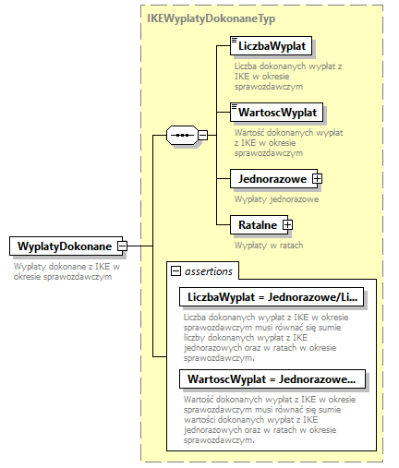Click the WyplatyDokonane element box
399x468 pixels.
(x=61, y=246)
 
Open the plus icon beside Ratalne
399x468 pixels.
(x=287, y=223)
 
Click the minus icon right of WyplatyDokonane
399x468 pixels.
(x=121, y=246)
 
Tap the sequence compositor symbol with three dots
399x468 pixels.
(x=181, y=135)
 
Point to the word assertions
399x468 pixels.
(x=210, y=270)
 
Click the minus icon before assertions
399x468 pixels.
(x=174, y=270)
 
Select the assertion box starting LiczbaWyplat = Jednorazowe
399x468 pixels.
(x=272, y=297)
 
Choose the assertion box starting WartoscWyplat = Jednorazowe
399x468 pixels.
(x=272, y=379)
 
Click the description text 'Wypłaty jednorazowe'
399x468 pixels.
(x=276, y=198)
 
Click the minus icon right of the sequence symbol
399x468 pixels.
(x=202, y=135)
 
